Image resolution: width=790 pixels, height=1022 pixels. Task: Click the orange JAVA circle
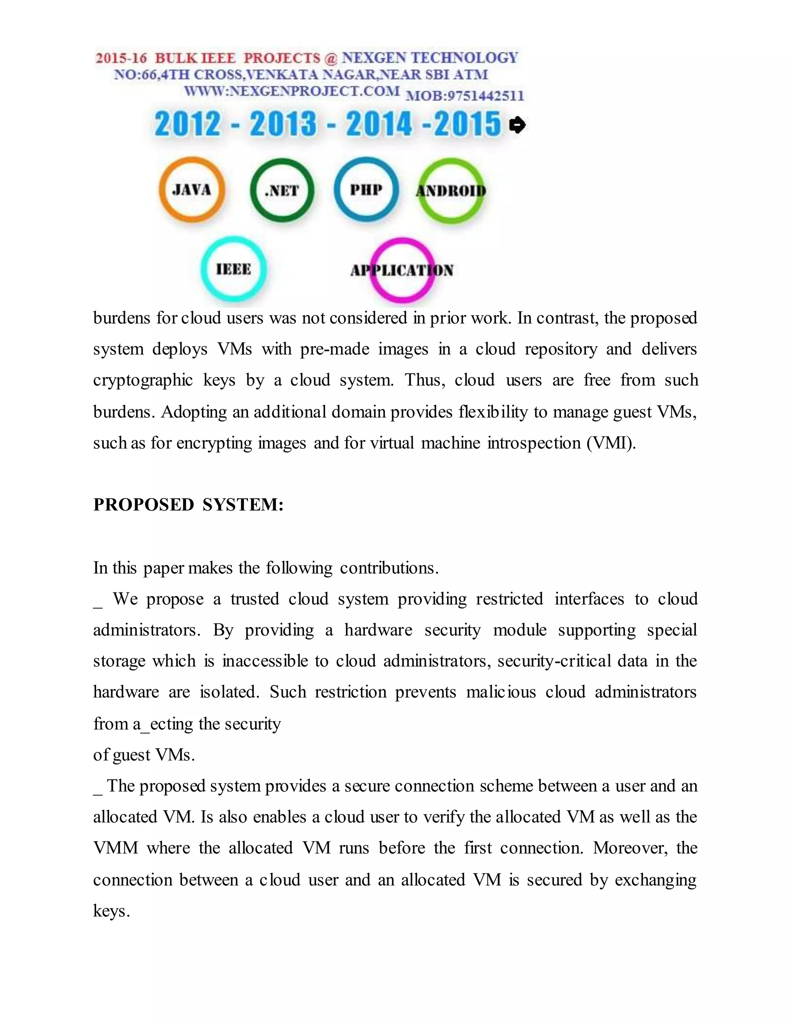point(192,189)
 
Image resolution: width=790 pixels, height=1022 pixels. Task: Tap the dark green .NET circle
point(282,190)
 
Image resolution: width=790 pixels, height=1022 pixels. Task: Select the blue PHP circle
point(366,189)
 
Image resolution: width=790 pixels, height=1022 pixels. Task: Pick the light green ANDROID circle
point(451,190)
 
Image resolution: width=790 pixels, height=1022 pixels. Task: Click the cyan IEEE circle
point(233,269)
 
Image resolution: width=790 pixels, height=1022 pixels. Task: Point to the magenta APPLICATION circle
point(402,270)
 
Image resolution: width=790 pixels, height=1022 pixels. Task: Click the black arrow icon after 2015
point(517,125)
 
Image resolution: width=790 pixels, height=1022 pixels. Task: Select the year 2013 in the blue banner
point(283,125)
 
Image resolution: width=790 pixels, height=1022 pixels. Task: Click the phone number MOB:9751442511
point(464,96)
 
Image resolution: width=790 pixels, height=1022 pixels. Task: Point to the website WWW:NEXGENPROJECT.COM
point(292,91)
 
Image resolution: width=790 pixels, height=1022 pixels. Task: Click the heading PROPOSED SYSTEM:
point(188,505)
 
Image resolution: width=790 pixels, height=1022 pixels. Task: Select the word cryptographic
point(143,380)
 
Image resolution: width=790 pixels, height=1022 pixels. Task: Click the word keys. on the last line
point(111,911)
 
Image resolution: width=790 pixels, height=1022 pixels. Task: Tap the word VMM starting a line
point(116,848)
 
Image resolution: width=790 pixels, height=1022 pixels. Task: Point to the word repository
point(560,349)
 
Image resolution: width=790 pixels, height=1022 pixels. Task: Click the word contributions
point(389,568)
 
